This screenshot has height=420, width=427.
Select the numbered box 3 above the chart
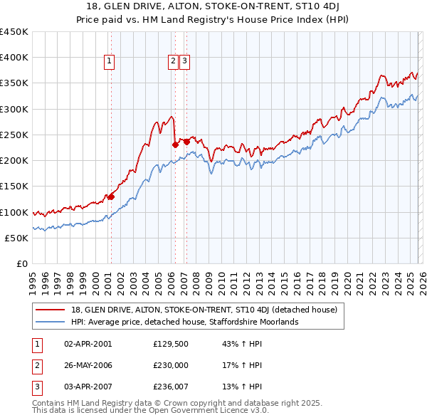184,62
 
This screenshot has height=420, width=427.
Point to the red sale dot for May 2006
175,145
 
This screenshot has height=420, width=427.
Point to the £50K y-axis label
17,238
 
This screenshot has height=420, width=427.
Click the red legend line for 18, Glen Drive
51,310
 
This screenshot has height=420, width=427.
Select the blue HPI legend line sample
51,322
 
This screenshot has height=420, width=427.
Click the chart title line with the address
213,8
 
